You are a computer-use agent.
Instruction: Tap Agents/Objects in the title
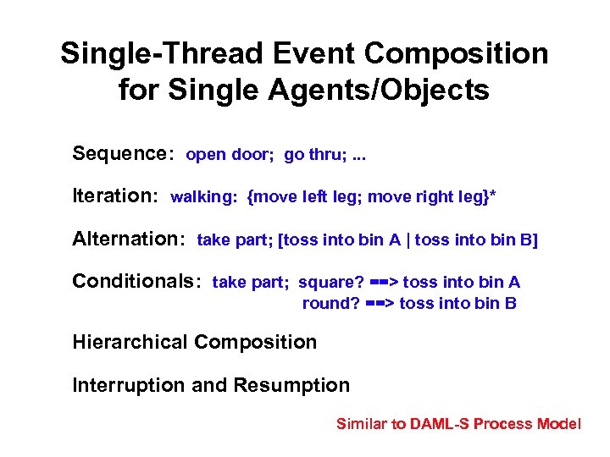pos(396,90)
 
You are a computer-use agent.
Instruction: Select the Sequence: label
pos(124,154)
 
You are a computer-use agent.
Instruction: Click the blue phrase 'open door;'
pos(230,155)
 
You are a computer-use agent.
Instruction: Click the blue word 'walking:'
pos(204,197)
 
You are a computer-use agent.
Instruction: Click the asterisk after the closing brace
pos(493,195)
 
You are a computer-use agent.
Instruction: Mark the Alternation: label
pos(129,239)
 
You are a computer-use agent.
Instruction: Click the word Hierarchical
pos(130,343)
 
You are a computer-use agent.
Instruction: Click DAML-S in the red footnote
pos(439,424)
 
